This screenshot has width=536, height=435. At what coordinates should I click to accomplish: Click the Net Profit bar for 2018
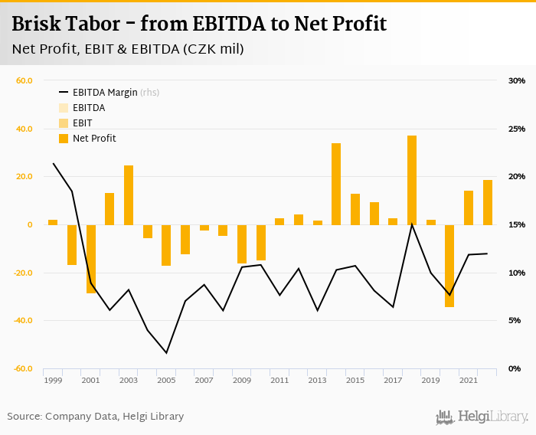tap(412, 180)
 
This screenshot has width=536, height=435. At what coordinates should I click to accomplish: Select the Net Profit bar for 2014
tap(336, 184)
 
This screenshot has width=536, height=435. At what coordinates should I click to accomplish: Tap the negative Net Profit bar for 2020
tap(449, 266)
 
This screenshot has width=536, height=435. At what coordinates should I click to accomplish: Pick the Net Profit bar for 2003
tap(129, 195)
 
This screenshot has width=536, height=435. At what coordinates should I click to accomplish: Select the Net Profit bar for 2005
tap(166, 245)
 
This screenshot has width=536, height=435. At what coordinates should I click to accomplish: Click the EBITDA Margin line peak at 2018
tap(412, 224)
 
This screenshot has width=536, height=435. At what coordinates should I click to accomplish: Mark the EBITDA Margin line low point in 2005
tap(166, 353)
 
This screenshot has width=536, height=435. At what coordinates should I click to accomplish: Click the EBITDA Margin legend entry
tap(105, 93)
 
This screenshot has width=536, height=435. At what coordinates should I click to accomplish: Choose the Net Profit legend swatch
tap(64, 139)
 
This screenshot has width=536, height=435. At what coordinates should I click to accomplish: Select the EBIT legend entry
tap(82, 123)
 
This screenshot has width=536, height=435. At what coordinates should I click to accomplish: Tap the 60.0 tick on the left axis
tap(24, 80)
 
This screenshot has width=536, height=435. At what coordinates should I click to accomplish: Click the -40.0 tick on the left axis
tap(22, 320)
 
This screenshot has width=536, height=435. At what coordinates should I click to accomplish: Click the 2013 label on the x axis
tap(317, 380)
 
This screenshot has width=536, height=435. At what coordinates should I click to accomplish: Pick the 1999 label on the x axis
tap(53, 380)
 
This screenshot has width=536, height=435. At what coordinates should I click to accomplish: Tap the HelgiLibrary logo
tap(482, 417)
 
